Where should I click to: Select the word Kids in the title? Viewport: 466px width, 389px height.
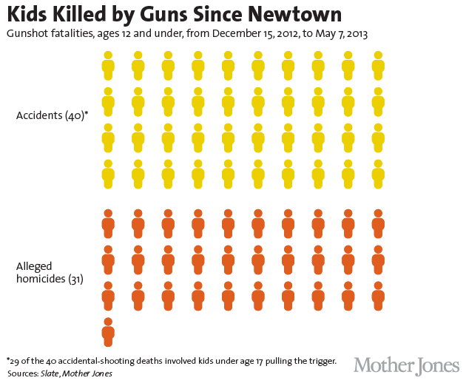coord(28,15)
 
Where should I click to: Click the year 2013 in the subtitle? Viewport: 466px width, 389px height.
coord(355,34)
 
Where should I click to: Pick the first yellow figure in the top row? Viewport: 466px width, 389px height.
coord(108,65)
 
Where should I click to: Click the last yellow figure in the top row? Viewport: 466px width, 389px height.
coord(378,65)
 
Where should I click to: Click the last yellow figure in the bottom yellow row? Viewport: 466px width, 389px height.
coord(378,174)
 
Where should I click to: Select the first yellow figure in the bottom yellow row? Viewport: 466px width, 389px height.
coord(108,174)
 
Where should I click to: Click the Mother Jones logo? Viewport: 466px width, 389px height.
coord(406,365)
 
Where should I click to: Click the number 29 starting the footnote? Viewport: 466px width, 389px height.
coord(14,361)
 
